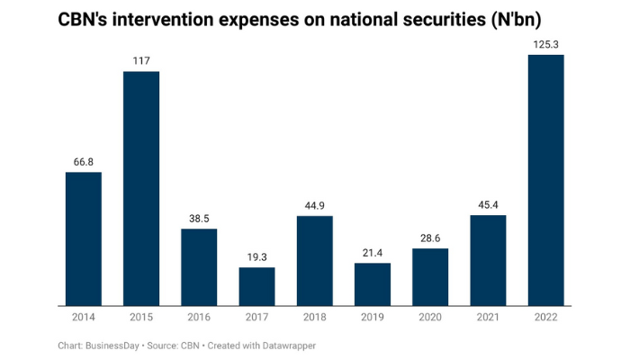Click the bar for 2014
click(84, 238)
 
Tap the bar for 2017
click(256, 285)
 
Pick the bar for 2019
click(372, 283)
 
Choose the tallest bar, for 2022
click(545, 179)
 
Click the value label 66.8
click(84, 162)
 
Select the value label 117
click(141, 61)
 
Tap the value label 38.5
click(199, 219)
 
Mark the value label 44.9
click(314, 206)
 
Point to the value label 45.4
click(488, 204)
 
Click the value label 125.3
click(545, 45)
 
